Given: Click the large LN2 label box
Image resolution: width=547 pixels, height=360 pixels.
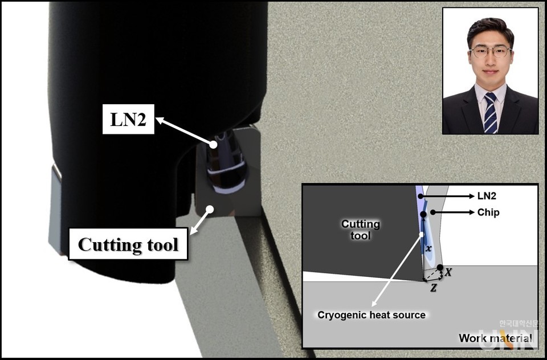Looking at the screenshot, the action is point(128,119).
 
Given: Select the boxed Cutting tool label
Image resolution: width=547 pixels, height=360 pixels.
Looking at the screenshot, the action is point(128,244).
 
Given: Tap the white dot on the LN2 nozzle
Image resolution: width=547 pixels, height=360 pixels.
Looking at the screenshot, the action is point(213,145).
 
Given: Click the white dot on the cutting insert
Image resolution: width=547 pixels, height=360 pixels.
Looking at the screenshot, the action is point(209,209).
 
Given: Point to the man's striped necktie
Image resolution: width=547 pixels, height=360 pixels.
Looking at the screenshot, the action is point(491,113).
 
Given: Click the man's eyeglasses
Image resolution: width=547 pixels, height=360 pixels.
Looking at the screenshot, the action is point(490,52).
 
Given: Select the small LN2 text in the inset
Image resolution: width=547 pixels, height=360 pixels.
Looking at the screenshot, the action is point(487,197).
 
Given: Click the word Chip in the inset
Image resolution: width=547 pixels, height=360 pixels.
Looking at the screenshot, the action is point(488,212).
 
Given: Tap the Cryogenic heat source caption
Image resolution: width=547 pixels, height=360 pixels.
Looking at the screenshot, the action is point(372,315).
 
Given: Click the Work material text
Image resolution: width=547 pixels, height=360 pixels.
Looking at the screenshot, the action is point(495,338).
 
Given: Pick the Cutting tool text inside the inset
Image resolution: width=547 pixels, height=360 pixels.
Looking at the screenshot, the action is point(360,230).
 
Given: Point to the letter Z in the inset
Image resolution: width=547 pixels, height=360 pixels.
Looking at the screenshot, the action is point(433,288).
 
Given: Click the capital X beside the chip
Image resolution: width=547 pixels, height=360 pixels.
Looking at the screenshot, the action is point(448,272).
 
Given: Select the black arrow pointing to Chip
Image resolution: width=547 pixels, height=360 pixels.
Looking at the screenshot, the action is point(452,212).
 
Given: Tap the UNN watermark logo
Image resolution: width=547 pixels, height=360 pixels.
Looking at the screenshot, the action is point(508,339).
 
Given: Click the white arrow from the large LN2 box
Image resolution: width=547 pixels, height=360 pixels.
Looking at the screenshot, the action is point(184,131).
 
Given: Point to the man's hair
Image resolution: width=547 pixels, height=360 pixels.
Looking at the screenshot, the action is point(490,28).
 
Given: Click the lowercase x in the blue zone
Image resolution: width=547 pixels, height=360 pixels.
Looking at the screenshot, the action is point(428,249).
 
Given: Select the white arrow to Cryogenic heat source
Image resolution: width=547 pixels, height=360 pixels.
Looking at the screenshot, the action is point(397,271).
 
